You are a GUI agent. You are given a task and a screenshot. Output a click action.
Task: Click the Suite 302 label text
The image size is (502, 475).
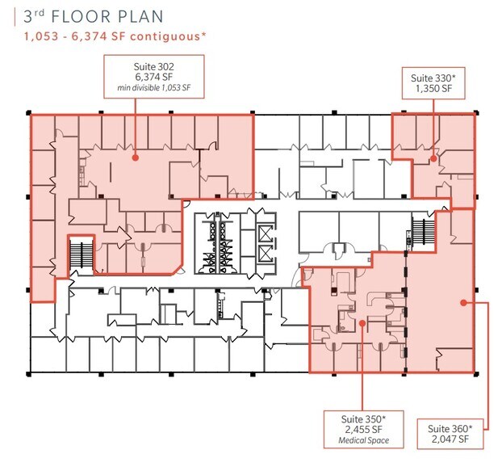click(153, 67)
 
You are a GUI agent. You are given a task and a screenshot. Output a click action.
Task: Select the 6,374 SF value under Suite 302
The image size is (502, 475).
click(153, 77)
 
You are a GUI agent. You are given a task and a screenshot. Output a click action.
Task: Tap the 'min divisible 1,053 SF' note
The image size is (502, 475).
click(153, 87)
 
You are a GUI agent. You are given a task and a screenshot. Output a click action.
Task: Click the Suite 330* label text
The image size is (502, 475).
click(433, 78)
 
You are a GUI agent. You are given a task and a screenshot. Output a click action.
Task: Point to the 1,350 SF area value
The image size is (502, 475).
click(433, 89)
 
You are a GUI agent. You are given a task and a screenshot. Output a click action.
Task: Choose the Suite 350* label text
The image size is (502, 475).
click(363, 419)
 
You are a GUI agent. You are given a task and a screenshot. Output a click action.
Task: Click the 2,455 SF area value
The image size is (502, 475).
click(363, 430)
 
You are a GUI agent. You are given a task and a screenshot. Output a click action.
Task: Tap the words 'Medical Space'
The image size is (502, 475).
click(364, 440)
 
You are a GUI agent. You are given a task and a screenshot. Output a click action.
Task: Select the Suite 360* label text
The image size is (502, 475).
click(450, 428)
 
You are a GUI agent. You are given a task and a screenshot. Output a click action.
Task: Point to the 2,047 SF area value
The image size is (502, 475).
click(450, 439)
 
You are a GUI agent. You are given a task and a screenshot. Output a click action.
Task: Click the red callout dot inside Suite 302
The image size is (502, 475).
click(135, 158)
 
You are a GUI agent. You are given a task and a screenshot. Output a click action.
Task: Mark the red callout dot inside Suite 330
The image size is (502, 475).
click(433, 158)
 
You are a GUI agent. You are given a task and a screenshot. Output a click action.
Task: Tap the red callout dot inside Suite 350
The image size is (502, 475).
click(362, 323)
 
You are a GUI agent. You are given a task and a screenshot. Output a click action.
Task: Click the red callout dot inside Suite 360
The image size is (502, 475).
click(463, 303)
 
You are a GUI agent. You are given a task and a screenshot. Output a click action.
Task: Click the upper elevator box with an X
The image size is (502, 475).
click(266, 233)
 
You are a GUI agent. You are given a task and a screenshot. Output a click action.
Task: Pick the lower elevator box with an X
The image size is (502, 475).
click(266, 254)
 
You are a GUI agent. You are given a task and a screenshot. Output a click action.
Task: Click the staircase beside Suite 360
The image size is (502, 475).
click(423, 231)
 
